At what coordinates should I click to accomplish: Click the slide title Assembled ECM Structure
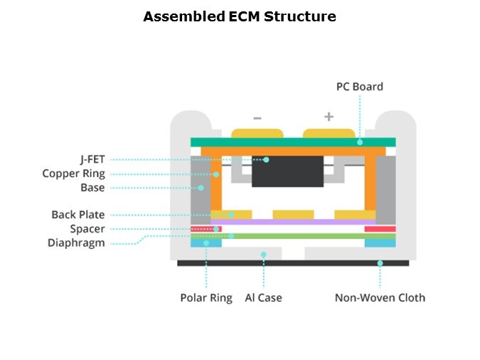(240, 16)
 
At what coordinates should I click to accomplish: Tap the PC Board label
(359, 87)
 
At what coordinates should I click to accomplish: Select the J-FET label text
(92, 159)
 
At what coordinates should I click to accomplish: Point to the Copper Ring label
(73, 174)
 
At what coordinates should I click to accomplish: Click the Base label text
(92, 188)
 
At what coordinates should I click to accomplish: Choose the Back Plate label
(78, 215)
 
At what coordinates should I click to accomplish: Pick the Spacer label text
(87, 229)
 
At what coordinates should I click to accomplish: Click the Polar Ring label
(206, 297)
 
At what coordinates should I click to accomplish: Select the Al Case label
(263, 297)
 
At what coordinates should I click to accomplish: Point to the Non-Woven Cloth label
(380, 297)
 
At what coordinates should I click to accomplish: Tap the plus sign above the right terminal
(329, 117)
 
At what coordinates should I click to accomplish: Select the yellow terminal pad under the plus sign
(329, 133)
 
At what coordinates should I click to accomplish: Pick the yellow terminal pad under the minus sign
(257, 133)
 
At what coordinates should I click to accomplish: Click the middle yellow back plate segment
(293, 214)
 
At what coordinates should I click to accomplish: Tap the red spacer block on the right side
(380, 229)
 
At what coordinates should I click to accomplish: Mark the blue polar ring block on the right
(380, 243)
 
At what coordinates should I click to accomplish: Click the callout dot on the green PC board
(360, 142)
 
